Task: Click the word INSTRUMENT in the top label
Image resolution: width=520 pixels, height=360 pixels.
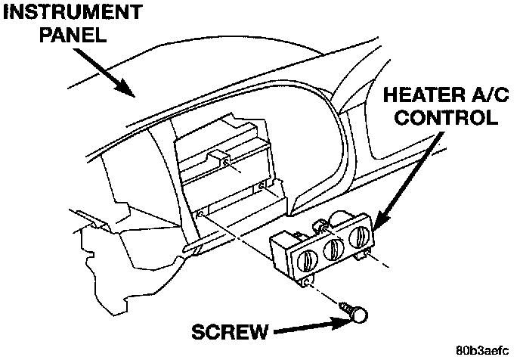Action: [71, 13]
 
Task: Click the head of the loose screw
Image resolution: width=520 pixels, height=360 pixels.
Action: [360, 314]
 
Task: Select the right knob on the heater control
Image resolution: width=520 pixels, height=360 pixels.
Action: [359, 237]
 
